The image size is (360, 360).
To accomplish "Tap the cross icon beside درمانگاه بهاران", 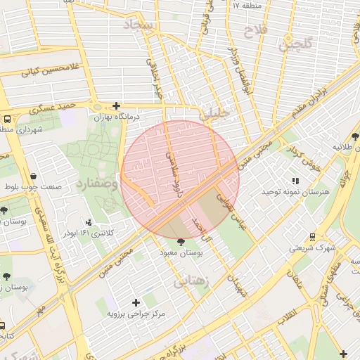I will coord(116,105).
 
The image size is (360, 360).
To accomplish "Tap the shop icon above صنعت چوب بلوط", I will coord(34,176).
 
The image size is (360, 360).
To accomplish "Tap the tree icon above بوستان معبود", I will coord(181,242).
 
